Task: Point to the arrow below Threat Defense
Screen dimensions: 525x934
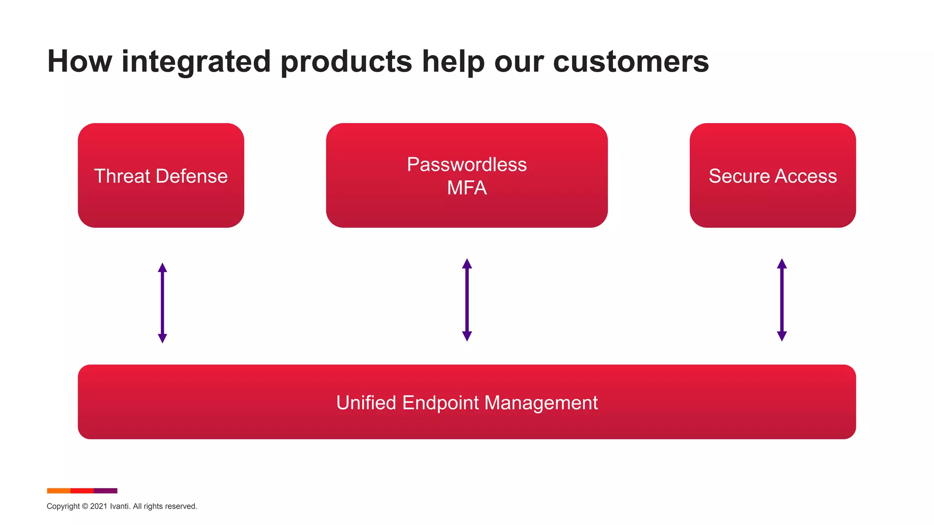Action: pos(162,303)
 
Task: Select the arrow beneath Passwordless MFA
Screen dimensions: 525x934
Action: pos(467,300)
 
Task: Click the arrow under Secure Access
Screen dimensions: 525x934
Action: pos(782,300)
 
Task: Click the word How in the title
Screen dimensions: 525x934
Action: pos(79,62)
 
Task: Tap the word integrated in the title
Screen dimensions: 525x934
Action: pos(196,62)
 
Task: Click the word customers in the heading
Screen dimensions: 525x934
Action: pos(631,62)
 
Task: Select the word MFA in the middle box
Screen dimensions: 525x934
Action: pos(467,188)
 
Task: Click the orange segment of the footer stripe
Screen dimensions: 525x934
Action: pos(58,491)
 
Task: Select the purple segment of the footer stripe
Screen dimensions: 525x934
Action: pos(105,491)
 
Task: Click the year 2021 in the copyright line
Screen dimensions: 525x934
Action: pos(99,506)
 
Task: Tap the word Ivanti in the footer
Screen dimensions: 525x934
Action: pos(119,506)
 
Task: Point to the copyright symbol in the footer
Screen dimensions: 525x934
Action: pos(85,506)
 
